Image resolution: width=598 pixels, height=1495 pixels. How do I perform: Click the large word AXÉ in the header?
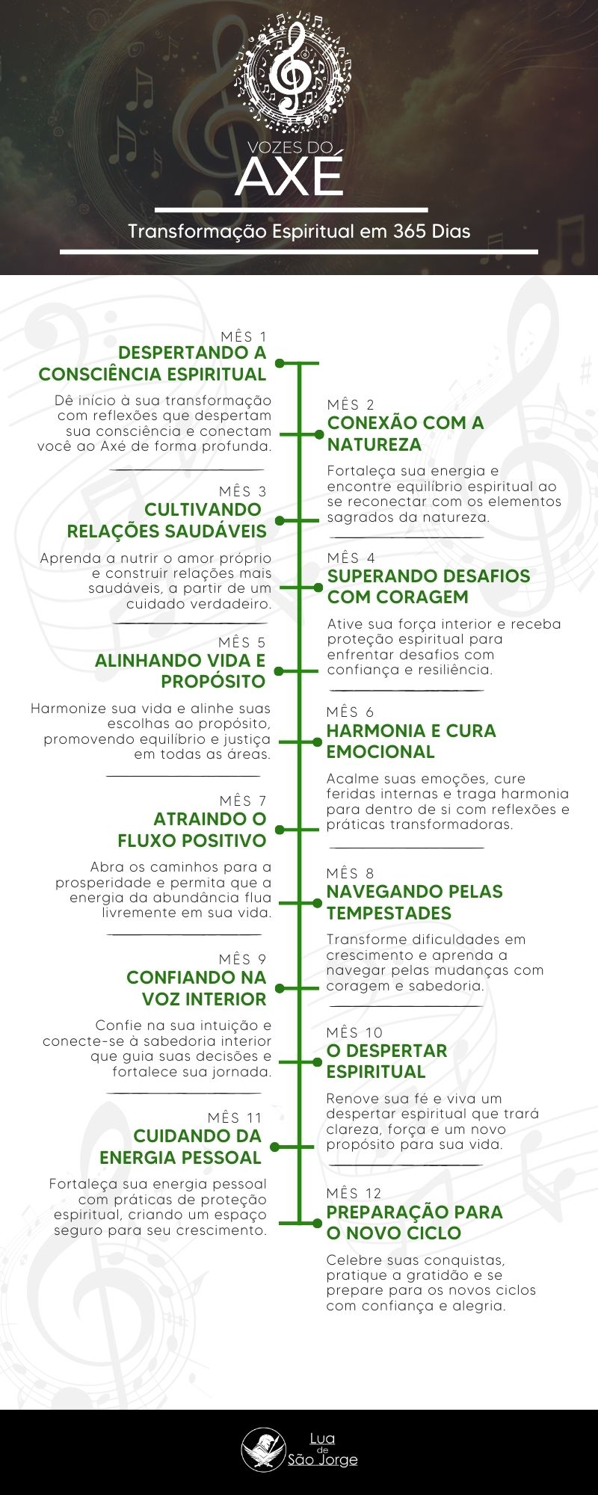290,176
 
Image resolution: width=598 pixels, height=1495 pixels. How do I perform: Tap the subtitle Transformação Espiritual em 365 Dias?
299,231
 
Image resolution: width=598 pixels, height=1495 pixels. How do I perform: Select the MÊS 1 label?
244,337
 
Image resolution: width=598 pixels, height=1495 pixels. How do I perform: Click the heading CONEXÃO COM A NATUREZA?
405,434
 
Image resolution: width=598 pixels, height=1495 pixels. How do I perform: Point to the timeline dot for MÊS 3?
280,520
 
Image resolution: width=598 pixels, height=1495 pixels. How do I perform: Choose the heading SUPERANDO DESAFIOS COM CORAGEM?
428,587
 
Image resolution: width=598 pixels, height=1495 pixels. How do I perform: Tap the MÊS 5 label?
242,643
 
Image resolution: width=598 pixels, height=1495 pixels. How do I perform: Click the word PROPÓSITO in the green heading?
213,682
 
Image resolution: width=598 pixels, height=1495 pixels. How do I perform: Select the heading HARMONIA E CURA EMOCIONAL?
410,742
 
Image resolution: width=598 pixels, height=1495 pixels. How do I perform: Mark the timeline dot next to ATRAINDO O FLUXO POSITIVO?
280,830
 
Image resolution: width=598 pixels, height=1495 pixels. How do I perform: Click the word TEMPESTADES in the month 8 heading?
389,913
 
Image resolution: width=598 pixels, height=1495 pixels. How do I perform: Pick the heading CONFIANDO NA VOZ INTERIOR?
197,988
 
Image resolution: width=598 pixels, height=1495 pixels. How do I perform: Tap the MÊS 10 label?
354,1032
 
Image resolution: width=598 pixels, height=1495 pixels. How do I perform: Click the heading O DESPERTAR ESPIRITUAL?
386,1061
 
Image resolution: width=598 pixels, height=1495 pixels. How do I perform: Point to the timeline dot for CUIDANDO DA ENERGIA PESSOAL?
275,1147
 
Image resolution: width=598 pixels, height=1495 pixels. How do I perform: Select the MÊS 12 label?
354,1193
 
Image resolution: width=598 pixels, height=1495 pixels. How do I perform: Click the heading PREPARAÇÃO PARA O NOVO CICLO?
414,1222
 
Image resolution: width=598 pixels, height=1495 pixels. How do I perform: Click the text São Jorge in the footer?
323,1460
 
